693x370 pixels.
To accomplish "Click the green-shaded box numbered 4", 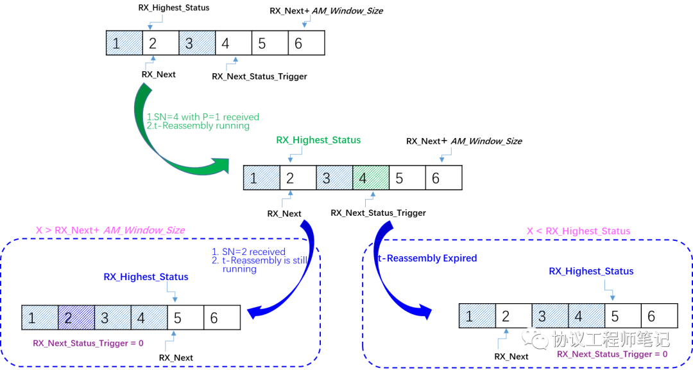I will pyautogui.click(x=371, y=178).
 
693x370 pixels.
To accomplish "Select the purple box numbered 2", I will pyautogui.click(x=76, y=317).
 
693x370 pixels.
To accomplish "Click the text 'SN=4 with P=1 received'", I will pyautogui.click(x=206, y=117).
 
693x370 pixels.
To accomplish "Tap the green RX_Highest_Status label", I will pyautogui.click(x=318, y=140).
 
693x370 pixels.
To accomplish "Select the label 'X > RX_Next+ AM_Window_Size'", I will pyautogui.click(x=110, y=230).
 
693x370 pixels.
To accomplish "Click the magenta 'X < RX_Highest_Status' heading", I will pyautogui.click(x=578, y=231).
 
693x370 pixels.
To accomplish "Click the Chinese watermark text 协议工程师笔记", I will pyautogui.click(x=610, y=338).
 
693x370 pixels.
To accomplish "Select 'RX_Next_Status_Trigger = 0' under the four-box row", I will pyautogui.click(x=88, y=343).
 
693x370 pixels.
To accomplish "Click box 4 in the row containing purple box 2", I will pyautogui.click(x=149, y=317).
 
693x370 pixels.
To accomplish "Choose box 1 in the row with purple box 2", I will pyautogui.click(x=40, y=317).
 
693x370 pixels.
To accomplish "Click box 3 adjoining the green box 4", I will pyautogui.click(x=334, y=178).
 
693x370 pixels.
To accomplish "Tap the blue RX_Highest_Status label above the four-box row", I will pyautogui.click(x=146, y=277).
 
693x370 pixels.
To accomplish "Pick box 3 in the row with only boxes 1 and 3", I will pyautogui.click(x=197, y=43).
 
